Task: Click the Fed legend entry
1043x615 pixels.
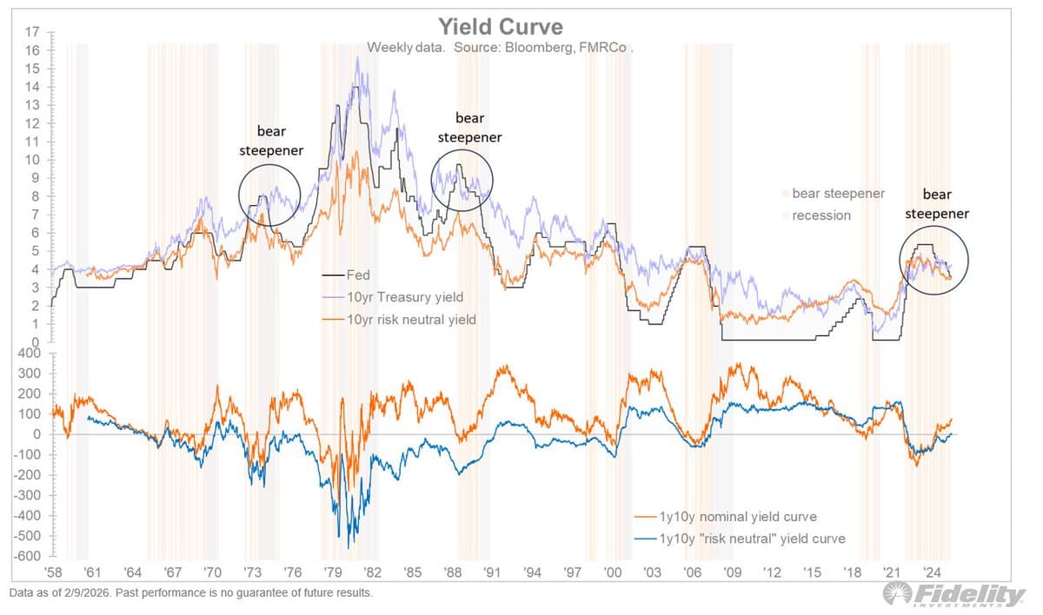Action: point(357,275)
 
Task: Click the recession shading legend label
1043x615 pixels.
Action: point(821,215)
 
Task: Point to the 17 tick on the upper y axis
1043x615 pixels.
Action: point(32,32)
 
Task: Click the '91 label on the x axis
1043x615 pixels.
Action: point(492,573)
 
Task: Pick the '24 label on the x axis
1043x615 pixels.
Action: point(932,573)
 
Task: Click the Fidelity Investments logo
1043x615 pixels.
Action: point(953,596)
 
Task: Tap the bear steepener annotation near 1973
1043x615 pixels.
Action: point(280,140)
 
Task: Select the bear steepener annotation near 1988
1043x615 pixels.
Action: point(470,127)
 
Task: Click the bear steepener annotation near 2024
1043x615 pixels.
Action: point(936,203)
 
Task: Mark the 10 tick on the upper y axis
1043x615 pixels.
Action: point(32,160)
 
